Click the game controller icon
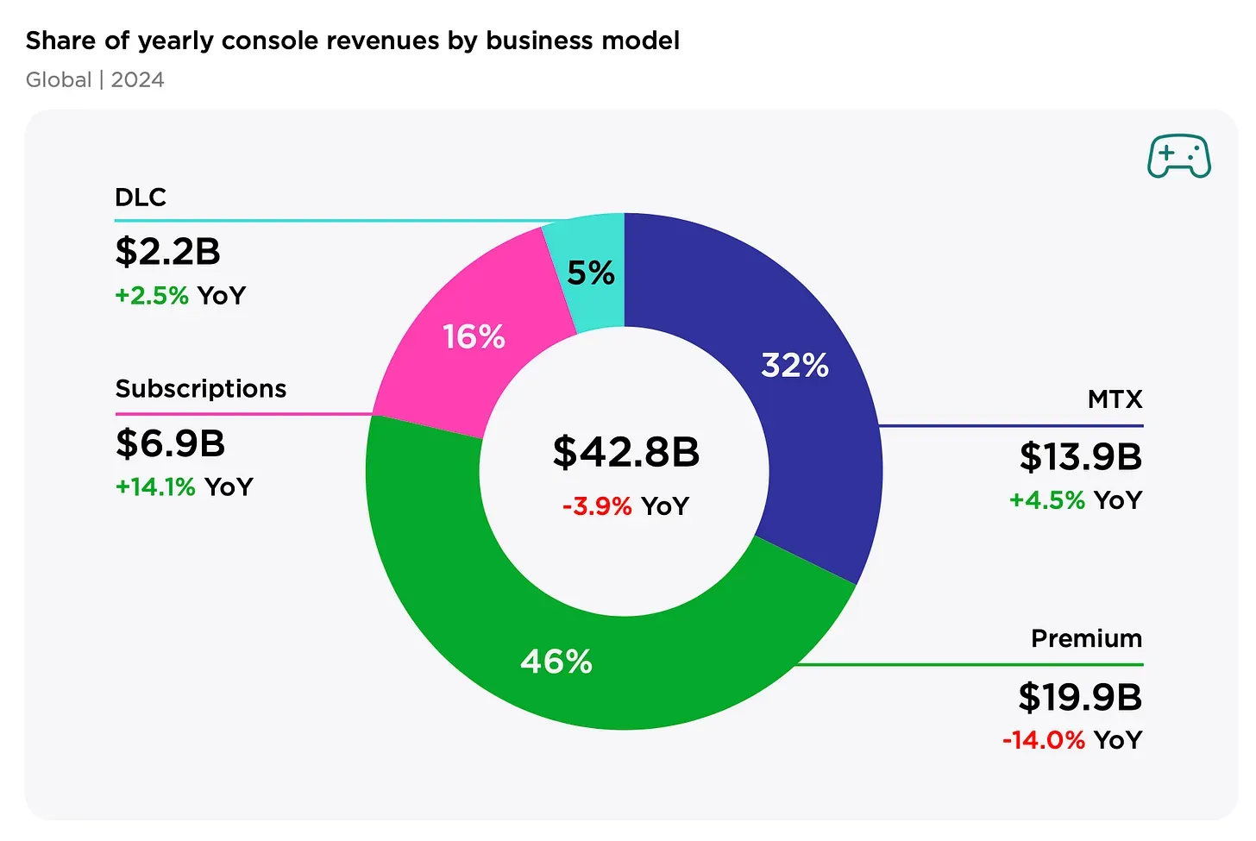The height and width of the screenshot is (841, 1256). point(1178,156)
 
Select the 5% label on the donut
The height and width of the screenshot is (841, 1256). point(591,273)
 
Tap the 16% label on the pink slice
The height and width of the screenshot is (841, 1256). point(474,336)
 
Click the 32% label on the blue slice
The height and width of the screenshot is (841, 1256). point(794,365)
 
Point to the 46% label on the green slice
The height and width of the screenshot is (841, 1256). point(556,662)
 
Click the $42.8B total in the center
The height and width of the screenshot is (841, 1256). point(625,452)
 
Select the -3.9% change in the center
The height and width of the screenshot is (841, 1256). point(597,505)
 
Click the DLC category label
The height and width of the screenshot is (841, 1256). point(140,198)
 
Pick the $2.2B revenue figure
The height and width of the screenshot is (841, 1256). point(167,252)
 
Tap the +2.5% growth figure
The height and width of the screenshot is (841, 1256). point(152,296)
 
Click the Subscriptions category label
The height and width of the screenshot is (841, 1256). point(200,389)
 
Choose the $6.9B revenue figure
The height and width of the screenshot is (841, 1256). point(170,443)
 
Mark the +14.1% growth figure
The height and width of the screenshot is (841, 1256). point(155,487)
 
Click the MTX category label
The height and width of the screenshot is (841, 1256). point(1115,399)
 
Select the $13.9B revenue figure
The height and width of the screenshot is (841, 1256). point(1080,457)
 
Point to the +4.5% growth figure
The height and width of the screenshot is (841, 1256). point(1046,500)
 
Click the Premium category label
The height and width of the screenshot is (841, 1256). point(1086,638)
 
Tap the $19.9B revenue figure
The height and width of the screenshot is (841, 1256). point(1079,697)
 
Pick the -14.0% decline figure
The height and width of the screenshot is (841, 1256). point(1043,740)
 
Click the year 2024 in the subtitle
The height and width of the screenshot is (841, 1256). point(137,79)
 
